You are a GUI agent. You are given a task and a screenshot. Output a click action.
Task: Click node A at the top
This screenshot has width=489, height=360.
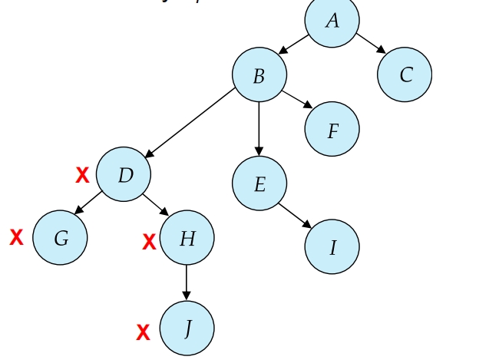point(332,21)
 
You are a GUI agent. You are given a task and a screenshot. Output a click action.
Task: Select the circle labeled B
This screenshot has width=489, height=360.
point(259,75)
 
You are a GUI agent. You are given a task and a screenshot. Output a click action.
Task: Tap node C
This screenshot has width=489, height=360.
point(405,74)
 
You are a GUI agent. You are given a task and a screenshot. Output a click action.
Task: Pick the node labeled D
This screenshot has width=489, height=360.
point(124,174)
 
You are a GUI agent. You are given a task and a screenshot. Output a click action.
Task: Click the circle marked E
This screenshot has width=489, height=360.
point(259,183)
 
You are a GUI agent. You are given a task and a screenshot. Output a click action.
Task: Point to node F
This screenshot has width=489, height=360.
point(332,130)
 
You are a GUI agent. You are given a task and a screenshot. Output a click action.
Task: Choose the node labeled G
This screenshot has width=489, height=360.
point(60,238)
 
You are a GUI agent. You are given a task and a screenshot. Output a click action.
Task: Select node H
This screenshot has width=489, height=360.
point(187,238)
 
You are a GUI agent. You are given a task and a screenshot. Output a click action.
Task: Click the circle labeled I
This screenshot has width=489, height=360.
point(332,247)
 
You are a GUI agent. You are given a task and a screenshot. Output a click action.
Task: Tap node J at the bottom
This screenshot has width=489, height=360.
point(187,329)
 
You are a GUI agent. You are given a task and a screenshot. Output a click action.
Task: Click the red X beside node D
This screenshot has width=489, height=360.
point(82,176)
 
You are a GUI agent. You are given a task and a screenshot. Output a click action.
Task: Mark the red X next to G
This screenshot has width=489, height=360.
point(16,238)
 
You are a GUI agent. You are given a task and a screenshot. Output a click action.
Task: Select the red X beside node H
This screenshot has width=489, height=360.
point(149,243)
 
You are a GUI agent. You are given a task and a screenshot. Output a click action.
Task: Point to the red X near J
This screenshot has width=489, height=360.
point(143,333)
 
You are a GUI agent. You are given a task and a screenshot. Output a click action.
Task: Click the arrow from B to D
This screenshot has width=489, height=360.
point(190,124)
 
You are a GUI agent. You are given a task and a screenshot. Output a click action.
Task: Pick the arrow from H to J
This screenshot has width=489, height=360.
point(187,282)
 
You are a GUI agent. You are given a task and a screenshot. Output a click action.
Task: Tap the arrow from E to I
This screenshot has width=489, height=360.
point(296,216)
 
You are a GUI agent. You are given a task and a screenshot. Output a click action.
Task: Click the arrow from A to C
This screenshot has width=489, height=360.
point(371,43)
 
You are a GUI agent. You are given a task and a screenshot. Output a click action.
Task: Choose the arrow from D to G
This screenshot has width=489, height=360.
point(88,202)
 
